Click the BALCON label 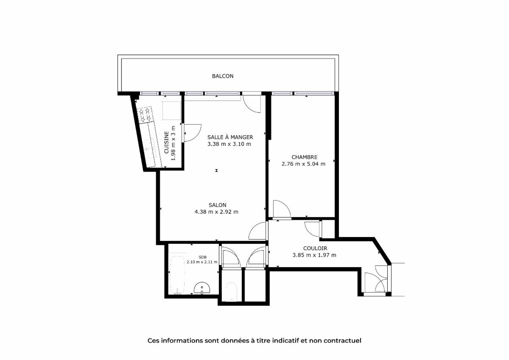[x=222, y=76]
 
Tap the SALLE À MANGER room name [x=230, y=137]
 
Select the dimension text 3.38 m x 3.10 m [x=229, y=144]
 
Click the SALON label [x=218, y=205]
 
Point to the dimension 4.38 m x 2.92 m [x=216, y=212]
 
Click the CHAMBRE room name [x=304, y=157]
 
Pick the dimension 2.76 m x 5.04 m [x=303, y=164]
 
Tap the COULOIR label [x=315, y=248]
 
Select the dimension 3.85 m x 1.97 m [x=314, y=255]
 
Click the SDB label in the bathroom [x=202, y=257]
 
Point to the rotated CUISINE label [x=167, y=142]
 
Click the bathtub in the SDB [x=177, y=275]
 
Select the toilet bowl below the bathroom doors [x=231, y=292]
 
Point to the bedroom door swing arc [x=285, y=206]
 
